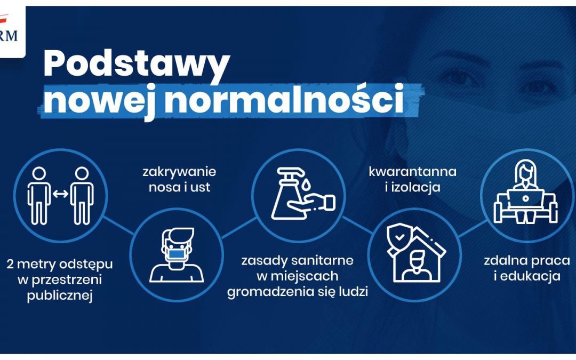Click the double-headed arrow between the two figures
pyautogui.click(x=60, y=194)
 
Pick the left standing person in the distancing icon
pyautogui.click(x=39, y=195)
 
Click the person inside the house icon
pyautogui.click(x=417, y=266)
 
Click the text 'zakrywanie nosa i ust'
pyautogui.click(x=179, y=180)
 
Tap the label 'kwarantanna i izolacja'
pyautogui.click(x=412, y=180)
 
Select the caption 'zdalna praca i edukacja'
pyautogui.click(x=522, y=269)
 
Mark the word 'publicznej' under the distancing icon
pyautogui.click(x=60, y=296)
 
